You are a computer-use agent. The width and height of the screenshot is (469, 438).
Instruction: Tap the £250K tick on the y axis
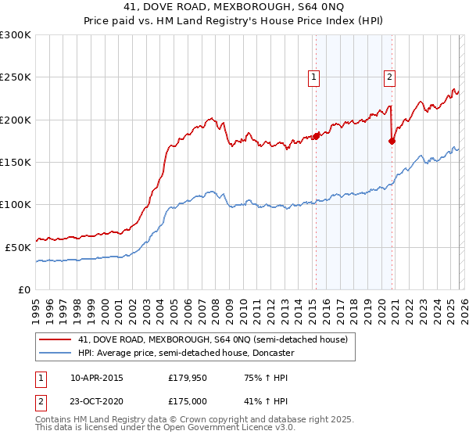(x=16, y=77)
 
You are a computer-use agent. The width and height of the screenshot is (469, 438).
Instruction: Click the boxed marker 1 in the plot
(x=313, y=77)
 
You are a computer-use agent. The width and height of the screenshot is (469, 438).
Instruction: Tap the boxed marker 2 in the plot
(x=388, y=77)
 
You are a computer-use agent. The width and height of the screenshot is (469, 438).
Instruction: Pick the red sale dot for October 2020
(x=392, y=141)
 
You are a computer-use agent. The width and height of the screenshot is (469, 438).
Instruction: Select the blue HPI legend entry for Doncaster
(x=185, y=354)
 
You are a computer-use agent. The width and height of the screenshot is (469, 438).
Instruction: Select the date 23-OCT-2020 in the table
(x=96, y=402)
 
